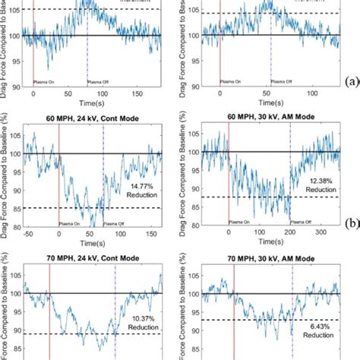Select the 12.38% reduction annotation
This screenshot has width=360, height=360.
[323, 185]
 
